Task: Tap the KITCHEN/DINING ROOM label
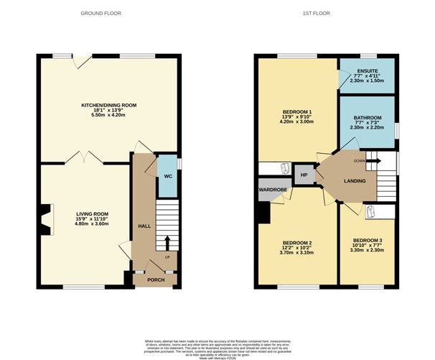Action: tap(108, 105)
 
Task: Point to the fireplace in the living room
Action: tap(46, 219)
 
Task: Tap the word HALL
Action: tap(144, 226)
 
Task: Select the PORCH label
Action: tap(156, 280)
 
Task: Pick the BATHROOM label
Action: tap(367, 117)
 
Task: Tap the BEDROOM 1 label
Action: tap(296, 111)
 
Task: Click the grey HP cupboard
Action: tap(304, 175)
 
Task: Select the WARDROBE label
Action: tap(273, 191)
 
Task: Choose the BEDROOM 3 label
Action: tap(367, 242)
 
